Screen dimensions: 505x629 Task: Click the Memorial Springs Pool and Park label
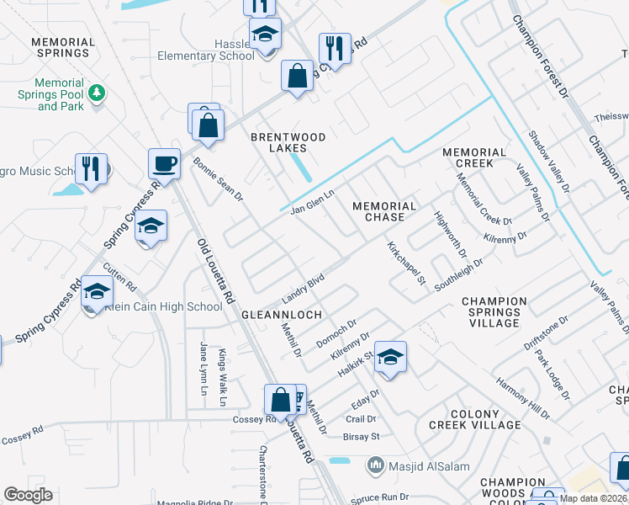pos(59,95)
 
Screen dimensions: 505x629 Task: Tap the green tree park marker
pos(98,92)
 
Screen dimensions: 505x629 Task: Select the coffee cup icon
pos(164,164)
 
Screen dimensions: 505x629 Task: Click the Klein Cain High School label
pos(164,307)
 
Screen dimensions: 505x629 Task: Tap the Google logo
pos(28,495)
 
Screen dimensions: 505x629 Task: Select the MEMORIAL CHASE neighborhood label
pos(384,211)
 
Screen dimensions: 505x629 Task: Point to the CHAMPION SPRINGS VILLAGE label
pos(494,312)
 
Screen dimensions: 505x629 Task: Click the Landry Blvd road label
pos(304,284)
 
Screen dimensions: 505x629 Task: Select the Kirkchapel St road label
pos(407,262)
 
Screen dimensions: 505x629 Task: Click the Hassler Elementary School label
pos(206,50)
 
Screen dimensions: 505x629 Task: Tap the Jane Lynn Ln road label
pos(203,368)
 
